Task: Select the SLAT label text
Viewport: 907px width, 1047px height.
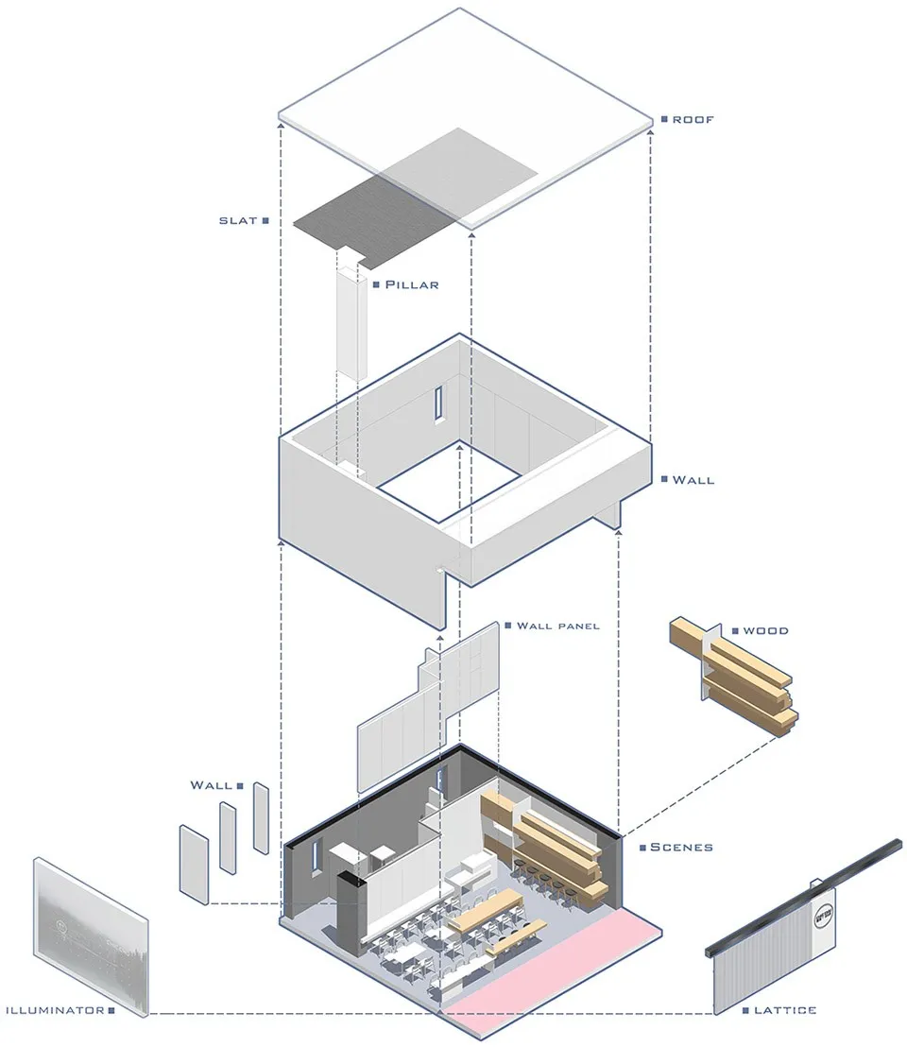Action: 237,220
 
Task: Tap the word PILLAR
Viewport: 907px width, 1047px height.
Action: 412,283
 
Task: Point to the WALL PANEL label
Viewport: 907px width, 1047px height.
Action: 557,626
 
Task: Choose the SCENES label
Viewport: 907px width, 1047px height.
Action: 681,847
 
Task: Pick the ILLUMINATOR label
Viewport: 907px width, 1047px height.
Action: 54,1010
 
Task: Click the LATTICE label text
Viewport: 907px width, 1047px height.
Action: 785,1010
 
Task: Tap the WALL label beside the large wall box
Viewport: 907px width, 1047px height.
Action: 693,480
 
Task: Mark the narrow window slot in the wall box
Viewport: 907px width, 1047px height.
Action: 439,404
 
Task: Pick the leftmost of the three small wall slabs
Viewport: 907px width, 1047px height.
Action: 193,863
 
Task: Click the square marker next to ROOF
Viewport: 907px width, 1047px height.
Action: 665,120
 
